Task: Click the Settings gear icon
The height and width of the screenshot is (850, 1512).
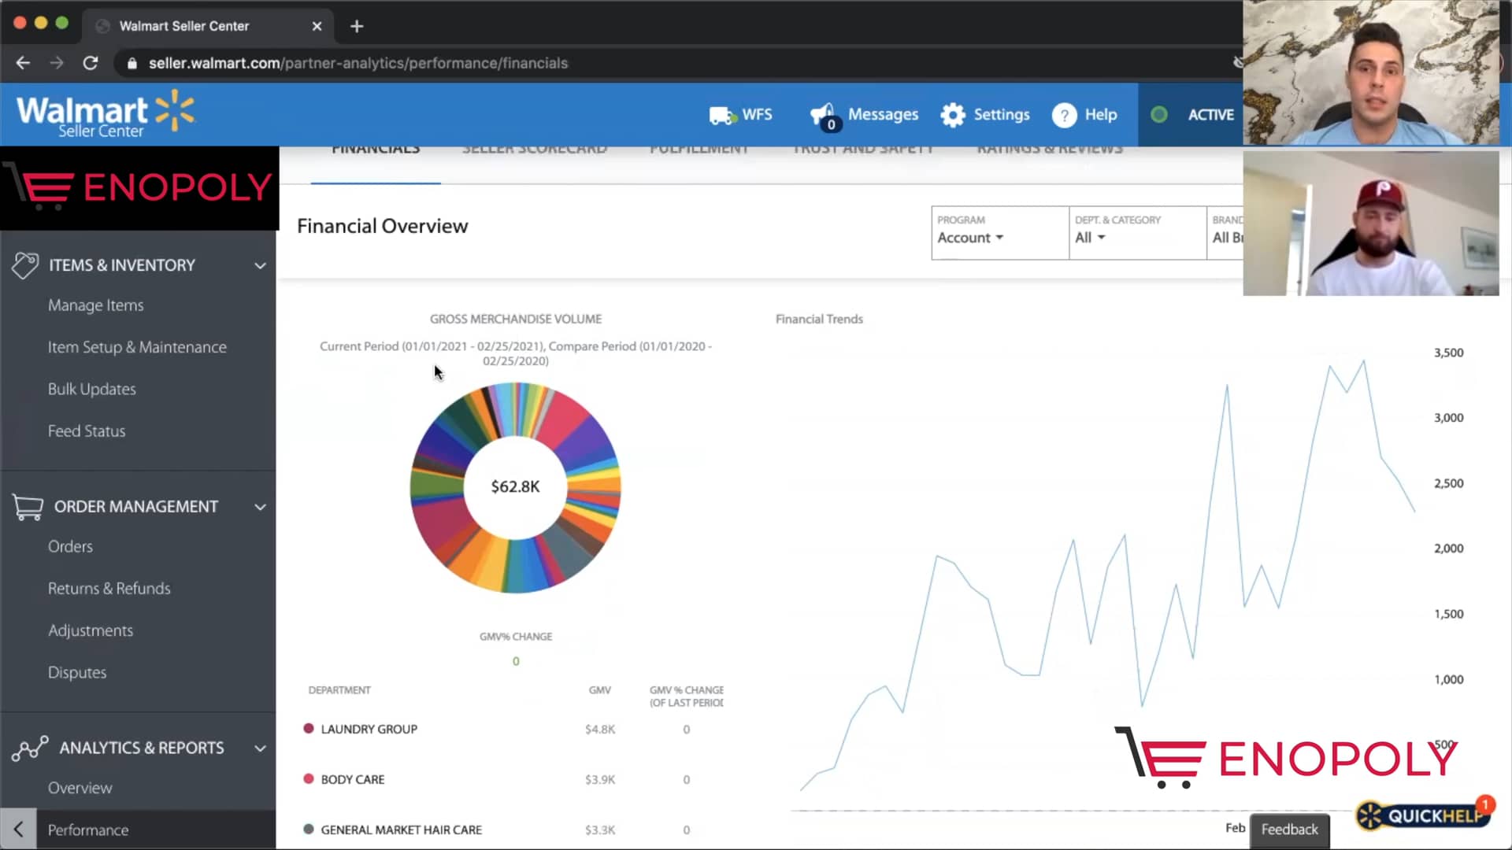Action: click(x=953, y=115)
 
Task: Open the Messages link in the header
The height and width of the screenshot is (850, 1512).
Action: click(x=882, y=115)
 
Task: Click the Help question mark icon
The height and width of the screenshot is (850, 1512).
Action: click(x=1064, y=115)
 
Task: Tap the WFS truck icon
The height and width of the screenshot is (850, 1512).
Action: click(x=721, y=116)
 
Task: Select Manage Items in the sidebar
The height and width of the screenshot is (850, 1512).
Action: click(x=95, y=305)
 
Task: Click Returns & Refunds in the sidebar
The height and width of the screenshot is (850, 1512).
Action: click(x=109, y=589)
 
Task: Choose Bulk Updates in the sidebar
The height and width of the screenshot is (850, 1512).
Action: click(x=91, y=390)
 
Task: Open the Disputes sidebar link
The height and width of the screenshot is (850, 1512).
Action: click(x=76, y=673)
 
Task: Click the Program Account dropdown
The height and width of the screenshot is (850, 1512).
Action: click(x=970, y=238)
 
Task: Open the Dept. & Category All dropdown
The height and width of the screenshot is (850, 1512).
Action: click(x=1090, y=238)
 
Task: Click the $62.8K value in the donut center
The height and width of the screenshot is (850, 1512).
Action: click(x=515, y=487)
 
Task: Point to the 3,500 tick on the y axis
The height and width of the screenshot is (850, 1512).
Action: click(x=1448, y=353)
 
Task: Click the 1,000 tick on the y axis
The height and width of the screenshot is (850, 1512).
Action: click(x=1448, y=680)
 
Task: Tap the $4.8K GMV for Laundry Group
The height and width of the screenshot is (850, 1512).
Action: click(x=599, y=730)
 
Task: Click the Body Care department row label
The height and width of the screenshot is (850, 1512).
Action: click(x=352, y=780)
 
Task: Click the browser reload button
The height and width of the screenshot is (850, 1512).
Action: click(x=91, y=63)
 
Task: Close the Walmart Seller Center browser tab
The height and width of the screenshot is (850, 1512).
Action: click(x=317, y=26)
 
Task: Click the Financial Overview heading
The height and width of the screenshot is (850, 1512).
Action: click(x=382, y=227)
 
